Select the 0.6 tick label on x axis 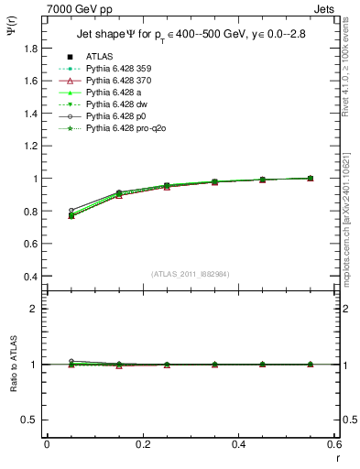[334, 444]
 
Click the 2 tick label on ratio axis [38, 310]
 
